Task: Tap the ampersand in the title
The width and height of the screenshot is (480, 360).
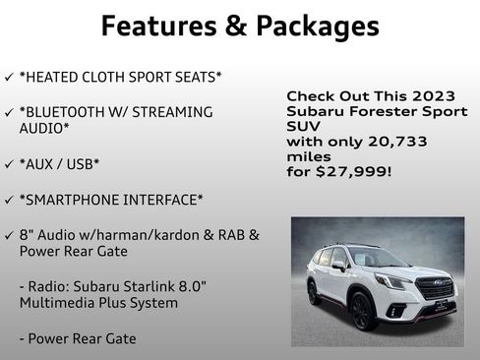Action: (235, 26)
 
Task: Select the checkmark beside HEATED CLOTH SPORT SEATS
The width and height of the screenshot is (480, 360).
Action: (9, 78)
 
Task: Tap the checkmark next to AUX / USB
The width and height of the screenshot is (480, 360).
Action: (9, 163)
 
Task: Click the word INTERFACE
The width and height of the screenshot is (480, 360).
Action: (167, 200)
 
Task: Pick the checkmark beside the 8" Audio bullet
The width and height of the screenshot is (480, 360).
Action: (9, 235)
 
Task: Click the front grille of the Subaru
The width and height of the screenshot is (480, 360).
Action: (433, 287)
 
